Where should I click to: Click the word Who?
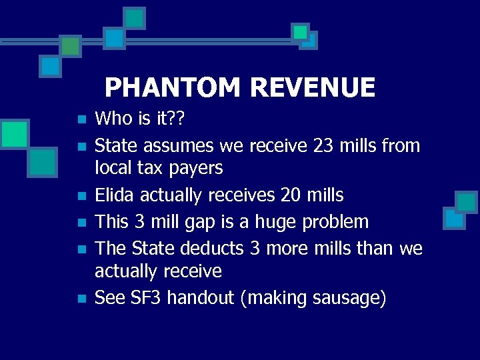[x=114, y=119]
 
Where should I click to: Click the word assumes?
[x=183, y=146]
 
